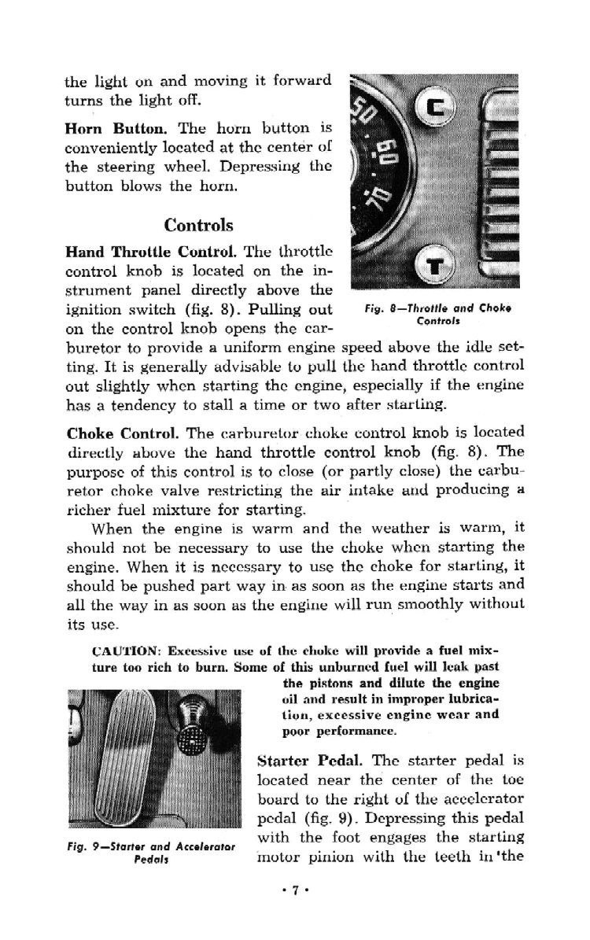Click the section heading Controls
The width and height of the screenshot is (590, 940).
click(198, 226)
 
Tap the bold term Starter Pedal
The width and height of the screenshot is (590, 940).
click(305, 762)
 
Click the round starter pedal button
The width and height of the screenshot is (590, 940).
click(192, 739)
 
